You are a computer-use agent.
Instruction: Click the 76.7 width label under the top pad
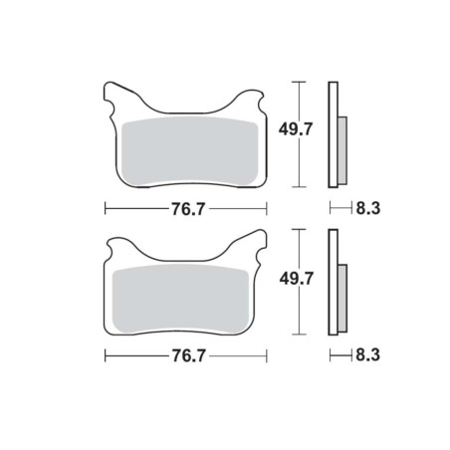(x=188, y=209)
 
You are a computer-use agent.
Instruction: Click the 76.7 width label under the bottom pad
(x=189, y=355)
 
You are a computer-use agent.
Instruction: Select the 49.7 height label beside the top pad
(x=296, y=129)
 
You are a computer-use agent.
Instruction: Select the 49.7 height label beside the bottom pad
(x=297, y=279)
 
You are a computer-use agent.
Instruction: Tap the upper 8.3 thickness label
(x=368, y=208)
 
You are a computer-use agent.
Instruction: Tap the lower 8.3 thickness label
(x=368, y=355)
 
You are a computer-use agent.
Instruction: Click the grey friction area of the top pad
(x=190, y=152)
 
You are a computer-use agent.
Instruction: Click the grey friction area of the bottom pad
(x=181, y=300)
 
